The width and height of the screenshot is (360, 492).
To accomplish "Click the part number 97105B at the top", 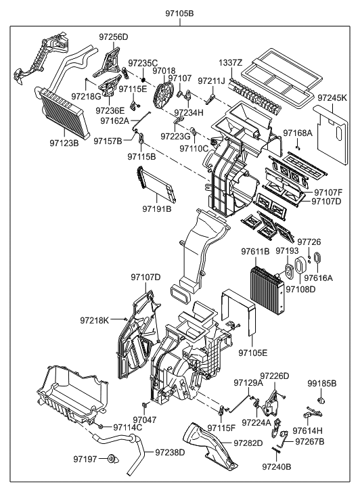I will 179,13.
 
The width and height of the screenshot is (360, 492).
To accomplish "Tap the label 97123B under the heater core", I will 64,143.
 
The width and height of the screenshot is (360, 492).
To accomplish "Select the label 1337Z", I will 231,63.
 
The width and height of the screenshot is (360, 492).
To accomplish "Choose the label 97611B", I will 255,252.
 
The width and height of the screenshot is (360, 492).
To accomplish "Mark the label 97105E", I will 252,353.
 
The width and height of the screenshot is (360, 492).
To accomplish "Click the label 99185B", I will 321,383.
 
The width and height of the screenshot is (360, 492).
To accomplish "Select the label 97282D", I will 248,443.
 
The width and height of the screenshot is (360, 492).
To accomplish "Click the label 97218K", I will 94,319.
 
